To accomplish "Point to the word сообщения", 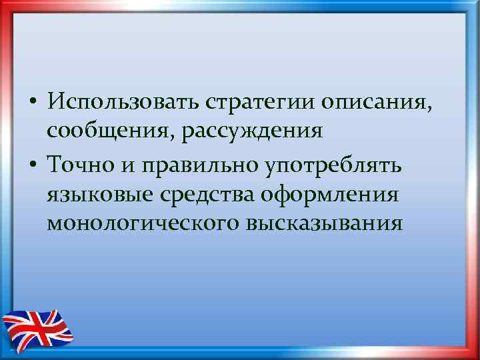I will coord(107,131).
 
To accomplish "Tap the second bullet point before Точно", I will coord(32,164).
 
